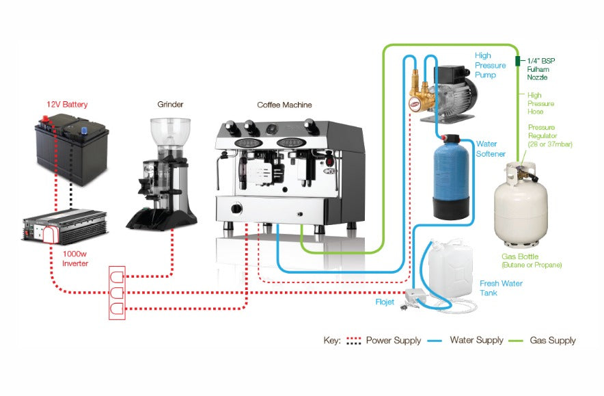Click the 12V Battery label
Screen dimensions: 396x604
click(67, 105)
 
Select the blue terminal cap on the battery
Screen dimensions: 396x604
click(84, 128)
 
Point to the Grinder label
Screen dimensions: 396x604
click(169, 105)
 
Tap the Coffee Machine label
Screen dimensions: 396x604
click(284, 105)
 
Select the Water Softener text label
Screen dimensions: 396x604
click(491, 149)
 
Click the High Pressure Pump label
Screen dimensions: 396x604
click(490, 65)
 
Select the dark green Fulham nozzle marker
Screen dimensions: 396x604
click(518, 61)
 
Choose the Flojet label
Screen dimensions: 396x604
click(385, 301)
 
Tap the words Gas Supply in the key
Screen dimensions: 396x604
click(552, 340)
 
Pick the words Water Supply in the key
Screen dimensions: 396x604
click(476, 340)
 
